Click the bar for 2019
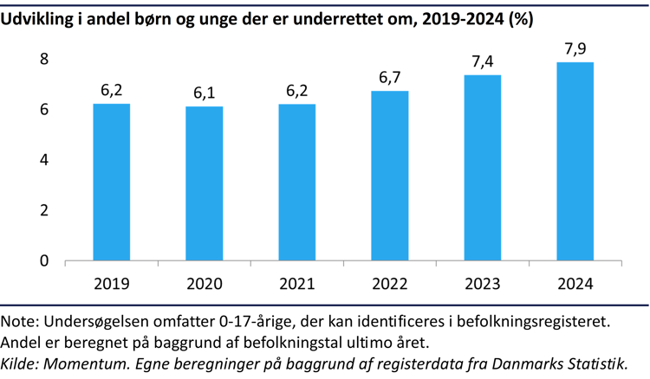click(x=112, y=182)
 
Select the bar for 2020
click(x=205, y=183)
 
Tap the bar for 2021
click(x=297, y=182)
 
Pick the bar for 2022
click(x=390, y=176)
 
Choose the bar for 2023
click(x=483, y=168)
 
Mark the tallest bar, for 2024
click(x=575, y=161)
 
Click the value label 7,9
click(x=575, y=48)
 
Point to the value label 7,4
click(x=483, y=61)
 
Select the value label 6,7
click(x=390, y=78)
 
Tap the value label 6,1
click(x=205, y=93)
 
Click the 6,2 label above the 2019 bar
click(x=112, y=91)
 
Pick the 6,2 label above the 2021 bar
click(x=297, y=91)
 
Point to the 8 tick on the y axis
click(x=43, y=59)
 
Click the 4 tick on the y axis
click(x=43, y=160)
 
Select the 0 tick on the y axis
click(x=43, y=261)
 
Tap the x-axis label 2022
click(x=390, y=284)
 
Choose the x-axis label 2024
click(x=575, y=284)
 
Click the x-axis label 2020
click(x=205, y=284)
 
